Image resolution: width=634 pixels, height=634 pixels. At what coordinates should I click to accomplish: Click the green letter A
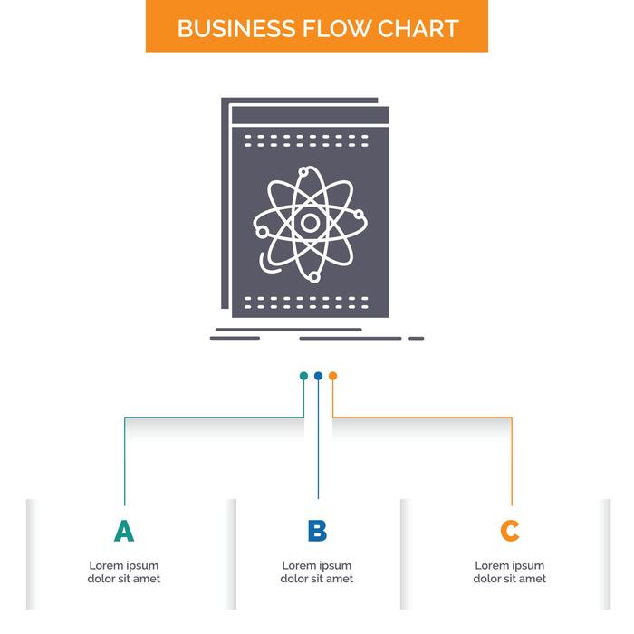tap(124, 531)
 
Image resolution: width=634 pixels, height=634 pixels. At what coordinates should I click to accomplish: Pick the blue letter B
tap(317, 531)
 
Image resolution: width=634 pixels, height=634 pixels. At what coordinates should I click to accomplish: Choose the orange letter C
tap(510, 531)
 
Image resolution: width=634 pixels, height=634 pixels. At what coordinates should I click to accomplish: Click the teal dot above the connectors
tap(303, 375)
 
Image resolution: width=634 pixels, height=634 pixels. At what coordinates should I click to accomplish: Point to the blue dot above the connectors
tap(318, 375)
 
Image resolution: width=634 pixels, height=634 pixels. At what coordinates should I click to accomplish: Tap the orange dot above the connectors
tap(332, 375)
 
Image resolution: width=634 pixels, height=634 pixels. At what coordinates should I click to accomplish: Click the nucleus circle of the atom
tap(311, 222)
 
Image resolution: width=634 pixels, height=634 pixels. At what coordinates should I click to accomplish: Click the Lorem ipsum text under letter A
tap(124, 572)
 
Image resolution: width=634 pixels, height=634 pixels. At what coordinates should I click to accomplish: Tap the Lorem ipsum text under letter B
tap(317, 572)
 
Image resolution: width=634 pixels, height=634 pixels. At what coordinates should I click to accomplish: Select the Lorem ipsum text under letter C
tap(510, 572)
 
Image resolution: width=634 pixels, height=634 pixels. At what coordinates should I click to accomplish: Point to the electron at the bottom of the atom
tap(314, 275)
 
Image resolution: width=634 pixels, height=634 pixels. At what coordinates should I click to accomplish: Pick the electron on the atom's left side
tap(263, 232)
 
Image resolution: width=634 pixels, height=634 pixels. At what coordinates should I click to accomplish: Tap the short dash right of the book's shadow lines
tap(416, 338)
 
